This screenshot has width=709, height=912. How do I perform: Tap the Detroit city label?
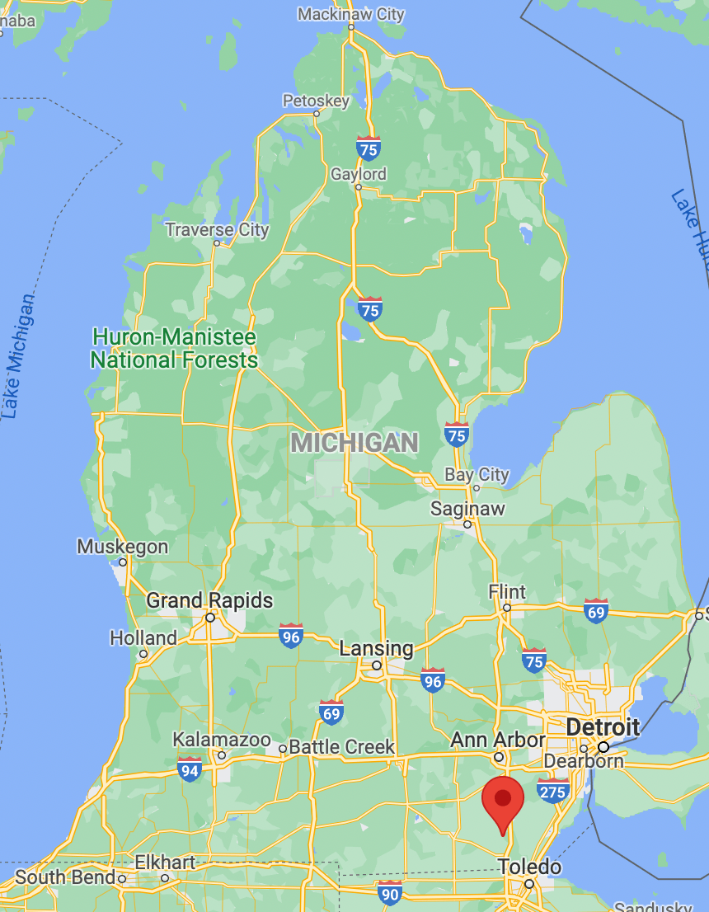point(603,727)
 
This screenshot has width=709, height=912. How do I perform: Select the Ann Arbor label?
point(498,740)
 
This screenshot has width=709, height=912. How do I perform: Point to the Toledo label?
point(529,867)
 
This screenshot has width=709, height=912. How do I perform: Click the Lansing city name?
point(376,649)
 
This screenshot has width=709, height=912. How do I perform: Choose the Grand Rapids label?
point(209,600)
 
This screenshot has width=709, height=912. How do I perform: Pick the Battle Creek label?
point(342,747)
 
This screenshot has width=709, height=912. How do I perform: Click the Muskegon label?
point(122,547)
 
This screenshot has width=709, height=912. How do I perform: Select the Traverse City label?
point(217,229)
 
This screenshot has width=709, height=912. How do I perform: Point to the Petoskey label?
point(316,101)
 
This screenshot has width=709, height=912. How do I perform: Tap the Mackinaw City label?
point(351,14)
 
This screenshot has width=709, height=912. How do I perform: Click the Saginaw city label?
point(467,509)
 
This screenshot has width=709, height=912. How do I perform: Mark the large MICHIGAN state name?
point(354,443)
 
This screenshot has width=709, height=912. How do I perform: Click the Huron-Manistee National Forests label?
point(174,348)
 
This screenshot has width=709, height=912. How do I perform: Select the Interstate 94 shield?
point(190,769)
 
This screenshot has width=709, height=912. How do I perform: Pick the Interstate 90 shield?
point(390,892)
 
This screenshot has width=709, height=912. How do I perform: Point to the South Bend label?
point(65,877)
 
